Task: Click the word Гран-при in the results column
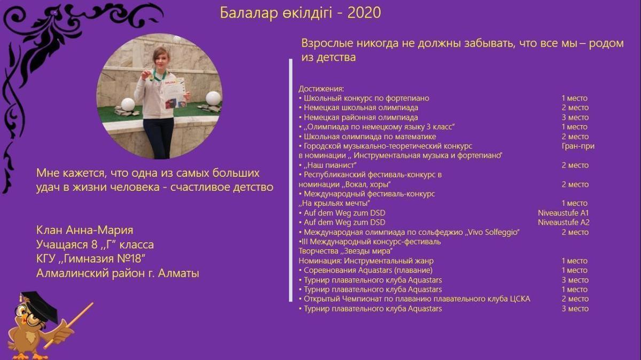pos(578,146)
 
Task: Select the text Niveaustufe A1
pos(563,213)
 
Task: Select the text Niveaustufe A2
pos(564,223)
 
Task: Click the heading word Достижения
pos(321,89)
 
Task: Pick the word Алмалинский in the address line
pos(73,273)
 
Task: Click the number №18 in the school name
pos(130,259)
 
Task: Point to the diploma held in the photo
pos(174,93)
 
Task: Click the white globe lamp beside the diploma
pos(213,98)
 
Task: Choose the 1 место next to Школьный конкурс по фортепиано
pos(574,98)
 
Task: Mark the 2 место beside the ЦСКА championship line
pos(575,299)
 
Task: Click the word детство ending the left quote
pos(253,187)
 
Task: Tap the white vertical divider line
pos(291,181)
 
